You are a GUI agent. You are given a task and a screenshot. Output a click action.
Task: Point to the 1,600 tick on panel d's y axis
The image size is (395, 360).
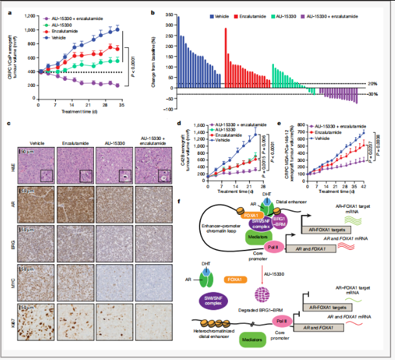[199, 124]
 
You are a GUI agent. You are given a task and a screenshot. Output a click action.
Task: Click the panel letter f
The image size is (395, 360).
[179, 202]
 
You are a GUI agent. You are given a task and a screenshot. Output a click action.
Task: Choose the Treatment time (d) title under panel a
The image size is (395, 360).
[80, 111]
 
